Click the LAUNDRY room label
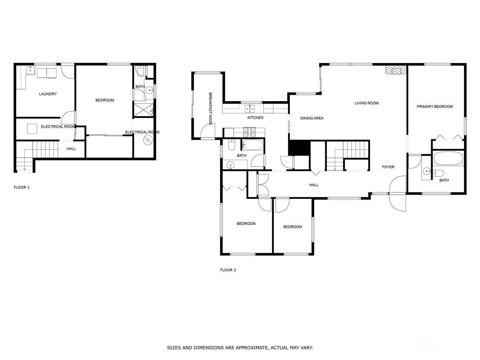pos(48,94)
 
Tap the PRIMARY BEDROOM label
pos(434,107)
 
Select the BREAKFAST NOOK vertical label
pos(210,109)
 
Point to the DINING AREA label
pos(312,118)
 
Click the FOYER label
pos(388,167)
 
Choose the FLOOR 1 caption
pos(22,187)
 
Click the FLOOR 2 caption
pos(228,270)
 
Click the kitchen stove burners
pos(249,132)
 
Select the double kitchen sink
pos(250,108)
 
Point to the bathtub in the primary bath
pos(448,158)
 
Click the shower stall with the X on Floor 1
pos(143,110)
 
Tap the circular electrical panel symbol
pos(148,140)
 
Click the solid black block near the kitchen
pos(299,148)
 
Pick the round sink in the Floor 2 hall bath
pos(231,165)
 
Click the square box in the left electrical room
pos(32,128)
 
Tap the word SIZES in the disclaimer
pos(174,347)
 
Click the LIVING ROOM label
pos(367,103)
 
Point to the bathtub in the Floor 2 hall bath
pos(253,145)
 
